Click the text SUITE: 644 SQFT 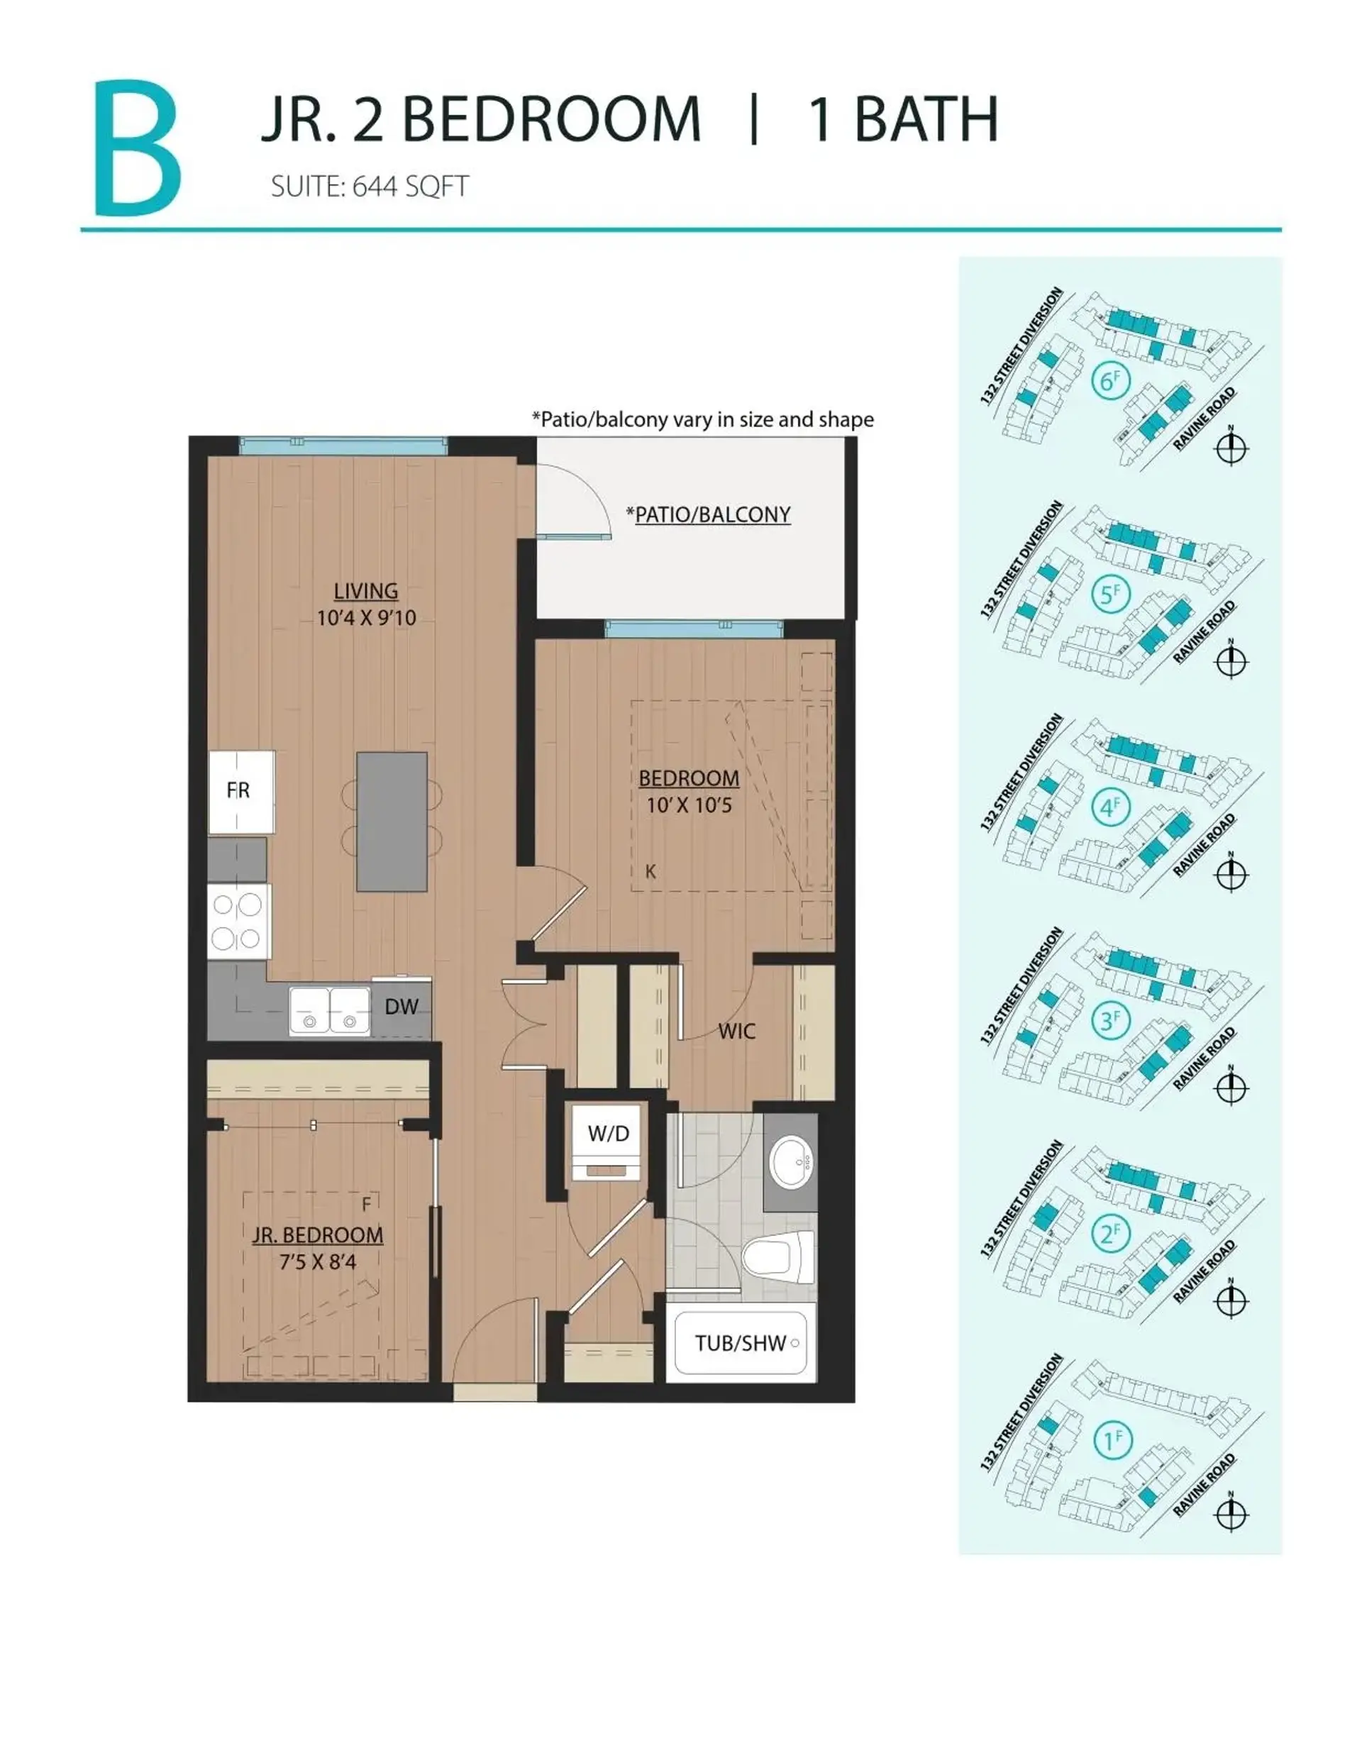click(x=369, y=187)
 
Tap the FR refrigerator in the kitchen click(x=240, y=791)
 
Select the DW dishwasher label click(x=402, y=1007)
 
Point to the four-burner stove click(x=238, y=921)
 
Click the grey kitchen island click(x=392, y=821)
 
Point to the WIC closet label click(x=736, y=1031)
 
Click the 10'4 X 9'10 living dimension click(x=366, y=619)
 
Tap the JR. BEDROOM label click(x=317, y=1235)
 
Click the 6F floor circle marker click(x=1111, y=380)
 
